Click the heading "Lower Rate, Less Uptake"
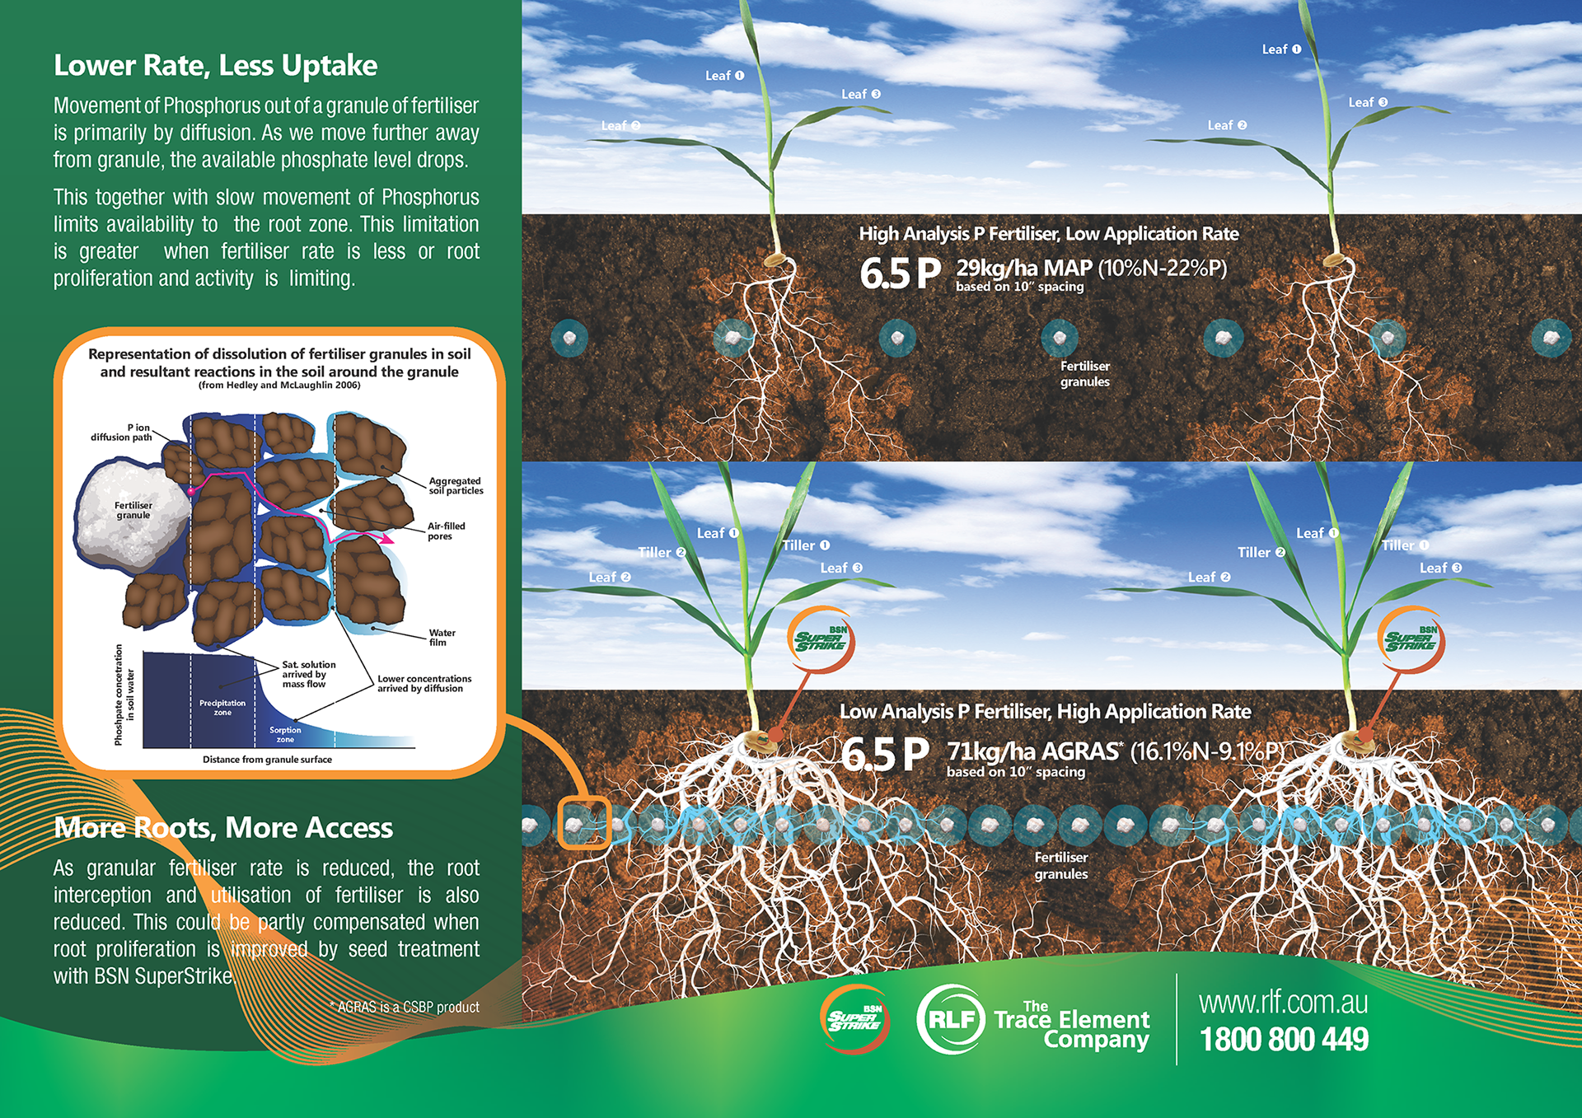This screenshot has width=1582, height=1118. pos(215,66)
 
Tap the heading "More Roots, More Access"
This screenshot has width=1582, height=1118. pos(223,828)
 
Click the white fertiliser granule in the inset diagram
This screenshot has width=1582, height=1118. pos(132,515)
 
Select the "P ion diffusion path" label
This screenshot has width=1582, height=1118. pos(122,433)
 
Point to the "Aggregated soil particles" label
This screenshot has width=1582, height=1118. pos(456,486)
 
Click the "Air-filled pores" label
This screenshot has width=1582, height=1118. pos(446,531)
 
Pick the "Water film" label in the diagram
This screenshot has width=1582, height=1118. pos(442,638)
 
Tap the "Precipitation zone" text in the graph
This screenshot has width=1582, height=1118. pos(222,708)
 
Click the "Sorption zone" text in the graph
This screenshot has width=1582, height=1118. pos(285,735)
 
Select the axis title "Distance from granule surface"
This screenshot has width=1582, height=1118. pos(267,760)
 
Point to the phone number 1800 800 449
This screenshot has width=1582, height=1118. pos(1284,1040)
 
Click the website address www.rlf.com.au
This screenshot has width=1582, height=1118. pos(1283,1003)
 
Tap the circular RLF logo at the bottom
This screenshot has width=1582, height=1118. pos(951,1019)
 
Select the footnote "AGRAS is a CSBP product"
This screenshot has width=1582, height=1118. pos(405,1007)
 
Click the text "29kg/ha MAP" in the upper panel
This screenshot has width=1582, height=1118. pos(1024,268)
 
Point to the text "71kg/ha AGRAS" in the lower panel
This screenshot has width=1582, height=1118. pos(1033,751)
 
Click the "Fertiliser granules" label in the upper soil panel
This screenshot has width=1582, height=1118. pos(1084,374)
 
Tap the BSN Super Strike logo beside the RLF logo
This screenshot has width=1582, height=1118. pos(854,1019)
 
